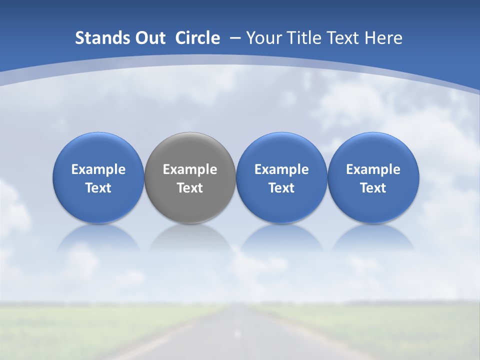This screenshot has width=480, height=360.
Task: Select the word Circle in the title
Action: coord(197,38)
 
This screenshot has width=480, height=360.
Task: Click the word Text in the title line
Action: coord(342,38)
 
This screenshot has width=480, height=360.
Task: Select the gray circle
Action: coord(190,150)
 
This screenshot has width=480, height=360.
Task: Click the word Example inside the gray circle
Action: coord(190,169)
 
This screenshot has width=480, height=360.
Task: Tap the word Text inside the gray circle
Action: coord(190,188)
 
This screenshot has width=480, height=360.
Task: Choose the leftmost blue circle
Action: coord(98,150)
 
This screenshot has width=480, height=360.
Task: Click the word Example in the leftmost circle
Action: coord(98,169)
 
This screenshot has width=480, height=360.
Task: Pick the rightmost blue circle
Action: coord(373,150)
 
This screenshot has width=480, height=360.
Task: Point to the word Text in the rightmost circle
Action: coord(373,188)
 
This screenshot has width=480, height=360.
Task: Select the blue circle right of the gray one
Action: coord(281,150)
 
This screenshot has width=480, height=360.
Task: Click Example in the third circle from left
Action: coord(281,169)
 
